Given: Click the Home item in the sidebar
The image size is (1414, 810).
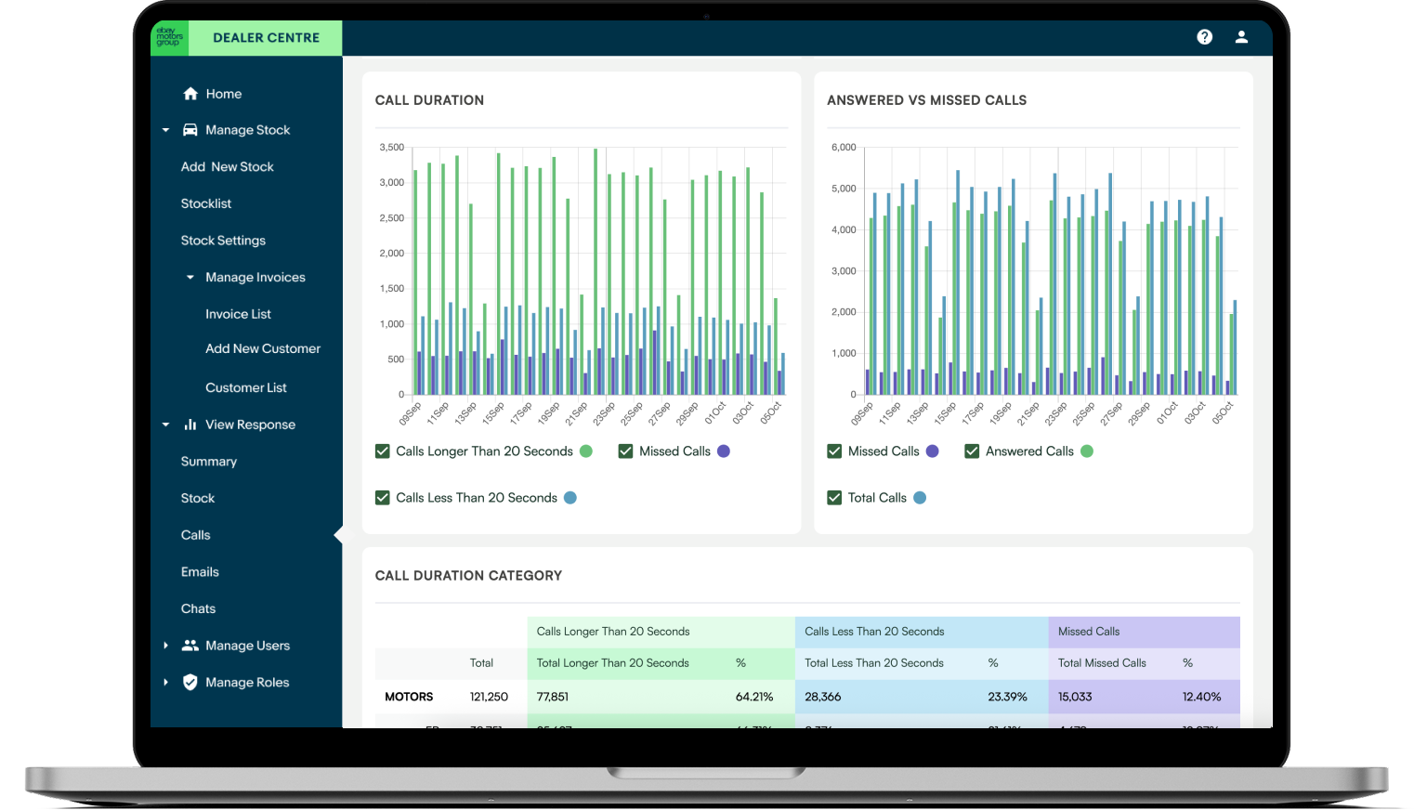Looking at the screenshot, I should (223, 94).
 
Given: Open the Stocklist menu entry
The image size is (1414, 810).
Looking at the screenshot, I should (206, 203).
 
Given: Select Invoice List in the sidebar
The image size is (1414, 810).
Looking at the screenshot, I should (238, 314).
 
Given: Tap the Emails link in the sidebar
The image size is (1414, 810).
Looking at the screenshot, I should (200, 572).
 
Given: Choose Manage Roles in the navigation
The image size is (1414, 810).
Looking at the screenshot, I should (246, 683).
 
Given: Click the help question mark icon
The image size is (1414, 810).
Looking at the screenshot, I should (1205, 37).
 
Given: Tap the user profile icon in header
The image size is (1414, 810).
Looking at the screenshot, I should (1241, 37).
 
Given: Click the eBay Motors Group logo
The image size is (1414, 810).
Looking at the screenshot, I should (169, 37).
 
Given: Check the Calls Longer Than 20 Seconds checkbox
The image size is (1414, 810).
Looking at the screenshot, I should (383, 451).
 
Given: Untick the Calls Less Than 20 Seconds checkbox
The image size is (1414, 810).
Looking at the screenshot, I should (383, 498).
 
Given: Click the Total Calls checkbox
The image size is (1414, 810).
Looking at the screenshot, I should (834, 498).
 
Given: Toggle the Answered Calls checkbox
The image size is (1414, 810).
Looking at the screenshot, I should (972, 451).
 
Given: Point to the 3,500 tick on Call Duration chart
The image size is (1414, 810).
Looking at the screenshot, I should (391, 148).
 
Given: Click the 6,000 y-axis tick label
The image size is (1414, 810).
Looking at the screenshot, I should (844, 148).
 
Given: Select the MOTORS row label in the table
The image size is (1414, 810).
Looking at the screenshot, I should (409, 697).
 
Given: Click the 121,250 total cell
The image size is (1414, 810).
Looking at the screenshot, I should (489, 697).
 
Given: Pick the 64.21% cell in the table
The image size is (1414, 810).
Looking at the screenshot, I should (754, 697).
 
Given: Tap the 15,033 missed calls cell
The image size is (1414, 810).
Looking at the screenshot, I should (1075, 697).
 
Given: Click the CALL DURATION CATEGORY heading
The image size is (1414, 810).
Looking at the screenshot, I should (468, 576).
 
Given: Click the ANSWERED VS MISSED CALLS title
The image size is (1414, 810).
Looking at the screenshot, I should (926, 100).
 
